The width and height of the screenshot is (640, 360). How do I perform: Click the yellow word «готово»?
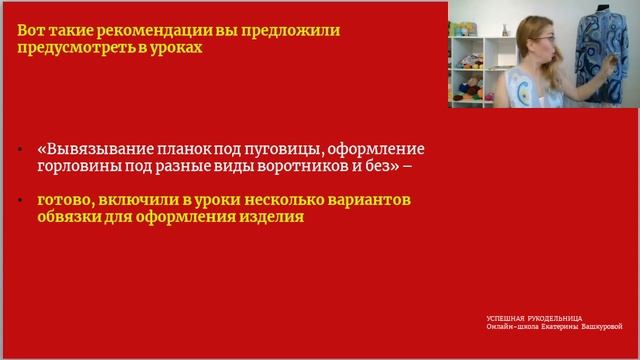pos(63,200)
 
